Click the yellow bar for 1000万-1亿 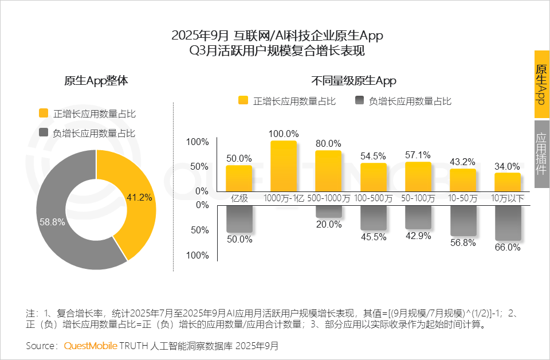tap(284, 166)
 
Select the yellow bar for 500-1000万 tap(328, 171)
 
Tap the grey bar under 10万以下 tap(508, 223)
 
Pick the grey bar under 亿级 tap(239, 219)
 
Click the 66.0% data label tap(508, 248)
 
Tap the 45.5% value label tap(373, 236)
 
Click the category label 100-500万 tap(373, 198)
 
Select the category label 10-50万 tap(463, 198)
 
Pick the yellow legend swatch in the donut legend tap(43, 114)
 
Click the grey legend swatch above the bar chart tap(360, 101)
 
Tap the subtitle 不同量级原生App tap(353, 81)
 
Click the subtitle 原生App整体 tap(96, 81)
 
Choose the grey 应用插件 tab tap(541, 154)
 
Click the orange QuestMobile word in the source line tap(91, 346)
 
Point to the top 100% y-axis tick tap(198, 142)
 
